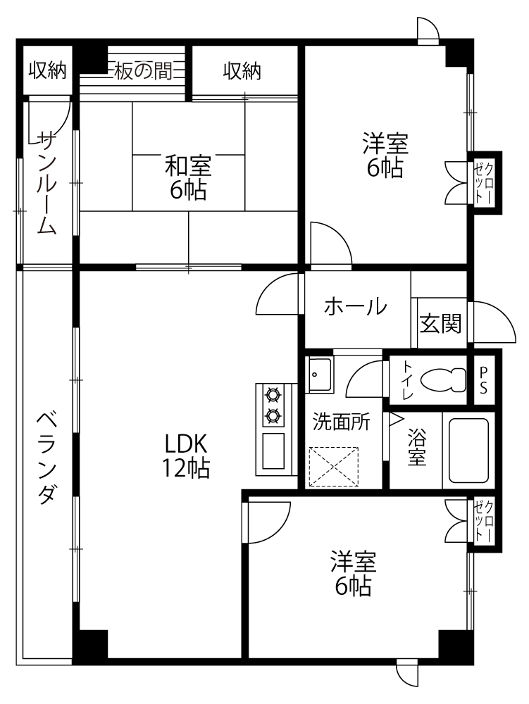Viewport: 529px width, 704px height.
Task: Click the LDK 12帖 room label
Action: tap(186, 455)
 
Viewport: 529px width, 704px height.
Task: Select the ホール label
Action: tap(355, 307)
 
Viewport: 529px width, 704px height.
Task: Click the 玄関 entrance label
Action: tap(440, 323)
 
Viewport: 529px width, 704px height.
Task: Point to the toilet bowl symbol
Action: tap(443, 380)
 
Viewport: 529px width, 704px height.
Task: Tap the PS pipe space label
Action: tap(484, 380)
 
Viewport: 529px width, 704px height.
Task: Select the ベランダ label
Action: tap(46, 459)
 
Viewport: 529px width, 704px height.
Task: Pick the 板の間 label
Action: tap(143, 71)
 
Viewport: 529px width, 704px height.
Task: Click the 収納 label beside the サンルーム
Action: tap(48, 70)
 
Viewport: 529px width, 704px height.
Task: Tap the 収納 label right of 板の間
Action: tap(242, 71)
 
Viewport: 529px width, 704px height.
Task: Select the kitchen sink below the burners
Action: tap(273, 451)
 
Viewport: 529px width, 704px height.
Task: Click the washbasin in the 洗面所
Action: tap(318, 375)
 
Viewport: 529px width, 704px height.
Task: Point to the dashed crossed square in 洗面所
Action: tap(334, 467)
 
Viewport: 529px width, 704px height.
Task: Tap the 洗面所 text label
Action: tap(342, 422)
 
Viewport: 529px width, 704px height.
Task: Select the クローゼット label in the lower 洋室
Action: tap(484, 521)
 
